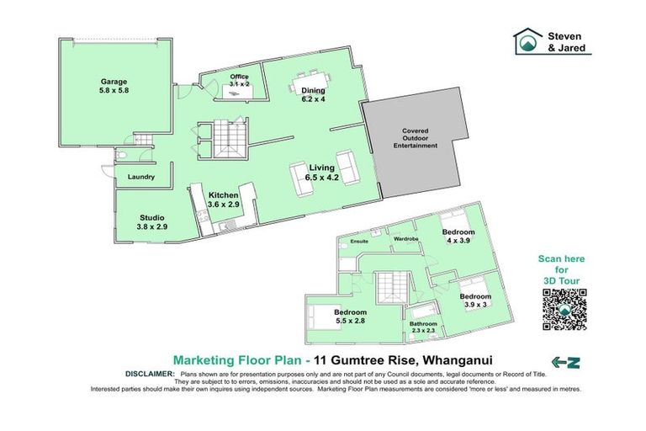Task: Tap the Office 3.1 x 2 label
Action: (239, 81)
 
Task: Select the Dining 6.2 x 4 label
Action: (313, 94)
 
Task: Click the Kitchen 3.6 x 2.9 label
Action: (224, 199)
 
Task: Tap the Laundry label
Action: (140, 177)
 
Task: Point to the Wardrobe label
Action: (406, 239)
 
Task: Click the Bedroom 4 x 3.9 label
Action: (458, 236)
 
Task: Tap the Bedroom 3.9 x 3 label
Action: (475, 300)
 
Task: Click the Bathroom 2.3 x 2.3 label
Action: (423, 327)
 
